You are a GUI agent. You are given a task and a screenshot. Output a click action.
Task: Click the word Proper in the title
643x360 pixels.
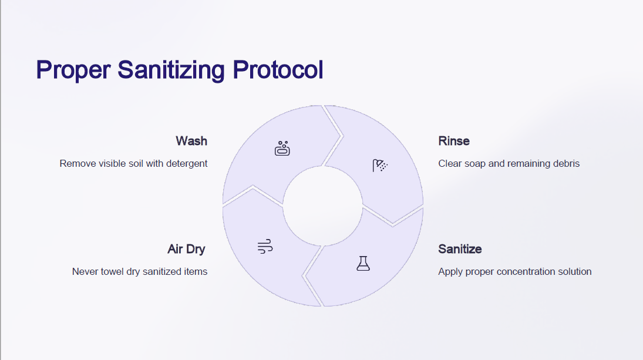(x=73, y=70)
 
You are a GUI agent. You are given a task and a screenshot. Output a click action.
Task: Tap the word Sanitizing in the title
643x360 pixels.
(x=171, y=70)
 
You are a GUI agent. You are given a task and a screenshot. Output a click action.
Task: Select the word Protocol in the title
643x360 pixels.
(x=278, y=69)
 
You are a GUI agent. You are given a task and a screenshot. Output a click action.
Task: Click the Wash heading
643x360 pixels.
(x=191, y=141)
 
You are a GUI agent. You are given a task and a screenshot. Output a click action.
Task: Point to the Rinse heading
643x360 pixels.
(x=454, y=141)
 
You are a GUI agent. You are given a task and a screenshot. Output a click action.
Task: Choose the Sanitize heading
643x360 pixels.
(x=460, y=249)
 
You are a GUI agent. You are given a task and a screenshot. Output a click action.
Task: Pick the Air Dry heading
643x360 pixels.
(x=186, y=249)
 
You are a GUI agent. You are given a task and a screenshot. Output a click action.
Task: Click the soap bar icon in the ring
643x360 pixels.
(x=282, y=149)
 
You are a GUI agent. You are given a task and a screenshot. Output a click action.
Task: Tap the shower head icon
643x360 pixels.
(x=380, y=165)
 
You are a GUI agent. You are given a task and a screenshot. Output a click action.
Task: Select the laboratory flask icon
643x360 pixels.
(x=363, y=263)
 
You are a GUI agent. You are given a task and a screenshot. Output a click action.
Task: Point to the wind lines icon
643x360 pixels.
(x=265, y=247)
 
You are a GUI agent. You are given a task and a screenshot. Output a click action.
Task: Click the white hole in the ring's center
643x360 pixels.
(x=323, y=206)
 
